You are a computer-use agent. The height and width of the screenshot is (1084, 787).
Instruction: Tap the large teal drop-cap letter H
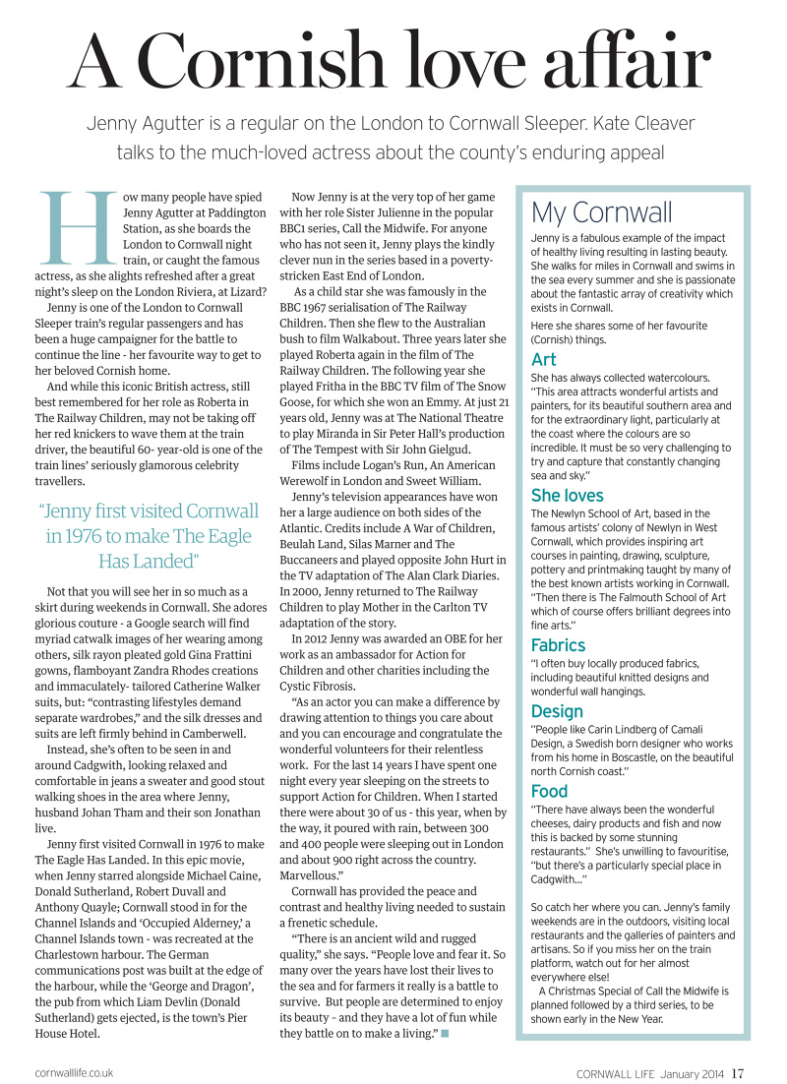tap(71, 227)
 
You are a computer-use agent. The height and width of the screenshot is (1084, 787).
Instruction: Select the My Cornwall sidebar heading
tap(601, 211)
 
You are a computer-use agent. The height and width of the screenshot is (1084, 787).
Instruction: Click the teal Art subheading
tap(544, 359)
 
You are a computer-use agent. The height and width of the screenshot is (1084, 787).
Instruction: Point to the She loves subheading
tap(567, 495)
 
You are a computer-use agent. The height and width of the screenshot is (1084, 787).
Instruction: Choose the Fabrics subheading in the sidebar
tap(558, 645)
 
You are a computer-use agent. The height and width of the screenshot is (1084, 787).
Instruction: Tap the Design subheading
tap(557, 711)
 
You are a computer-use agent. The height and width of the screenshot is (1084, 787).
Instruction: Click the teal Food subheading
tap(549, 791)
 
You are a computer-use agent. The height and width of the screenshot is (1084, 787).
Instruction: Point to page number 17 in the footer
tap(738, 1072)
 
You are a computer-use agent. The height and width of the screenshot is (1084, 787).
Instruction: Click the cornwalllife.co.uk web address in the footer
tap(74, 1072)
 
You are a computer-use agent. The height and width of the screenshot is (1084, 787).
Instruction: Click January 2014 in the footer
tap(694, 1072)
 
